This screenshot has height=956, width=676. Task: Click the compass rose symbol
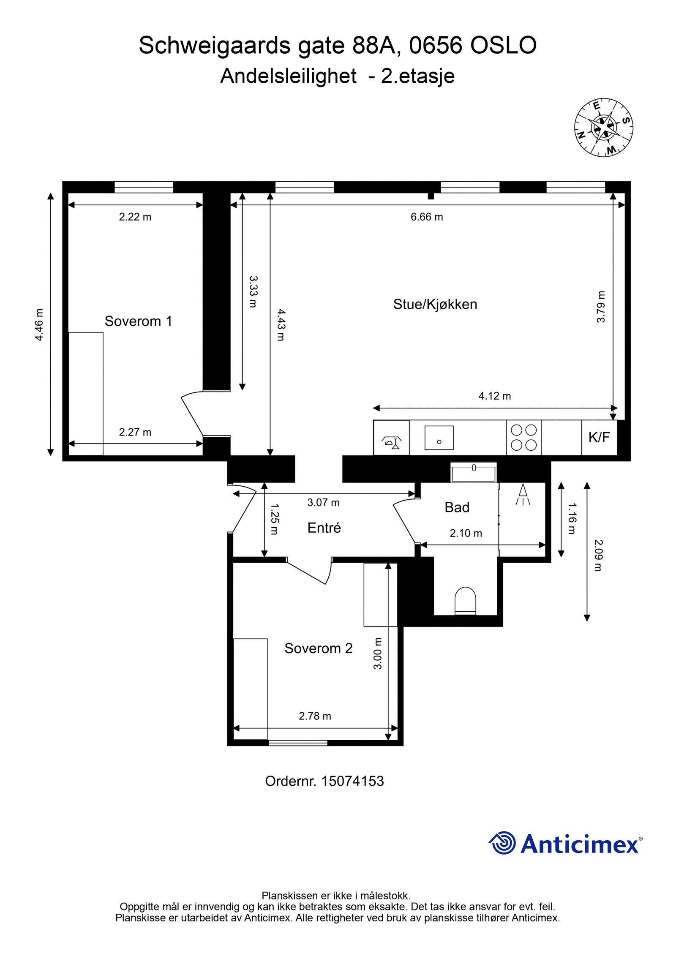603,127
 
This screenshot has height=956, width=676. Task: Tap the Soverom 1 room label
138,321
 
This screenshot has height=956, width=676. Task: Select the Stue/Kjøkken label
435,304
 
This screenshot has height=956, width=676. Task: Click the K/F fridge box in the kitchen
599,437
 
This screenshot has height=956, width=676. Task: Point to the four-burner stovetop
523,437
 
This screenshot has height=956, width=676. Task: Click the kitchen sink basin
439,437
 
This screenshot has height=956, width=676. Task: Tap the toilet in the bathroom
465,600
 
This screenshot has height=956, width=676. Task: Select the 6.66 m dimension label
427,217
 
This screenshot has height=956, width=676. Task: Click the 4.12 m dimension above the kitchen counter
494,396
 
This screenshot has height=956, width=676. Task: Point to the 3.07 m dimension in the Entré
323,502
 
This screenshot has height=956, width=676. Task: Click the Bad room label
457,507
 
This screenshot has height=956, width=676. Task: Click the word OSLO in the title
503,46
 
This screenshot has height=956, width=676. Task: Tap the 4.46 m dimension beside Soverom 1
39,325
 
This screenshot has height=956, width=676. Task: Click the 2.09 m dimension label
597,555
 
